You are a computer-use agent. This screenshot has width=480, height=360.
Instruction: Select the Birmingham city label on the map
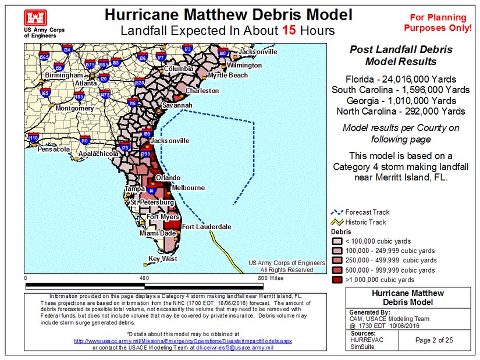(65, 76)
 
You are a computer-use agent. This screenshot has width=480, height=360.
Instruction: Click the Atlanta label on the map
(86, 83)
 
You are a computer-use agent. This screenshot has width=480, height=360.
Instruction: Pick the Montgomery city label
(74, 108)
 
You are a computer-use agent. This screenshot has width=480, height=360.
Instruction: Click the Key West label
(163, 259)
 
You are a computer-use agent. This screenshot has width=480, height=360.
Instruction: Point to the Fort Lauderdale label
(207, 226)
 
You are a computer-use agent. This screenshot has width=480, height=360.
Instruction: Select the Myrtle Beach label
(227, 75)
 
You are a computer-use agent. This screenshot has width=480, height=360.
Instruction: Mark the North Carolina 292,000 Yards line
(400, 111)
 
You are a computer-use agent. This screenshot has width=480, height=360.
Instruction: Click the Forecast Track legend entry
(367, 212)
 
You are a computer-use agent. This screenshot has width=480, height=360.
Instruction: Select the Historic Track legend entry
(365, 222)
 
